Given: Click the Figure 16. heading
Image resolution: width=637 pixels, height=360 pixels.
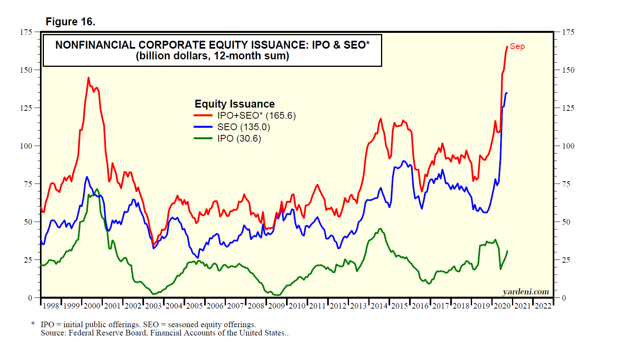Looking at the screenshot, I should click(70, 22).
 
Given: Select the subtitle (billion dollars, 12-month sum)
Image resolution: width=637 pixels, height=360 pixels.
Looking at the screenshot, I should click(212, 56).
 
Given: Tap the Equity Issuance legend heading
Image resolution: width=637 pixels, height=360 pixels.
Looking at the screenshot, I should click(235, 104).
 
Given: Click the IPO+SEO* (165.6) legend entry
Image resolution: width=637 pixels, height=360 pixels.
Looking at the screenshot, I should click(256, 116).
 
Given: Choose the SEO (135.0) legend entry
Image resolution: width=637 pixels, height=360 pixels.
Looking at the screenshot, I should click(243, 127).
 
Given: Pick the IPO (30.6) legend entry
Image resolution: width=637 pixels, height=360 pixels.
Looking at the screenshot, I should click(239, 138).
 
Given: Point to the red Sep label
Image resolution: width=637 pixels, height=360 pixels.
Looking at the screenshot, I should click(517, 47).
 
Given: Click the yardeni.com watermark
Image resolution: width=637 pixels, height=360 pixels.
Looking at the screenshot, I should click(526, 292).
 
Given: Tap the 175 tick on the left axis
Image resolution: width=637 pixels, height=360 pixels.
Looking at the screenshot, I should click(26, 32).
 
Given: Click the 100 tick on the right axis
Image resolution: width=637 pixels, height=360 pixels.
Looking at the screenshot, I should click(568, 146).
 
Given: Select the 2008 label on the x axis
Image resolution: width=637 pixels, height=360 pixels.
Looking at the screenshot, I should click(256, 306).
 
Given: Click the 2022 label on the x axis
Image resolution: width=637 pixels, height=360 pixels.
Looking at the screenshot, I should click(543, 306).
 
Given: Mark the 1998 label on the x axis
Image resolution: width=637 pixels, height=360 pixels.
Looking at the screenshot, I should click(51, 306).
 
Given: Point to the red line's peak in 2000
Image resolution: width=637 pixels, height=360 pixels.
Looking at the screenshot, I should click(88, 78).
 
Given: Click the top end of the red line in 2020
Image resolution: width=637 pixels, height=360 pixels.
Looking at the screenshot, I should click(507, 47).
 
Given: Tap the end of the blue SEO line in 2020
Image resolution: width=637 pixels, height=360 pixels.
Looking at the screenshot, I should click(507, 93).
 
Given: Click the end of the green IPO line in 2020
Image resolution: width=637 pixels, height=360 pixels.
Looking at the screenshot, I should click(507, 251).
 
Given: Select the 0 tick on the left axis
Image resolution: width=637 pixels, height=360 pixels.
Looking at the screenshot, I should click(30, 298).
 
